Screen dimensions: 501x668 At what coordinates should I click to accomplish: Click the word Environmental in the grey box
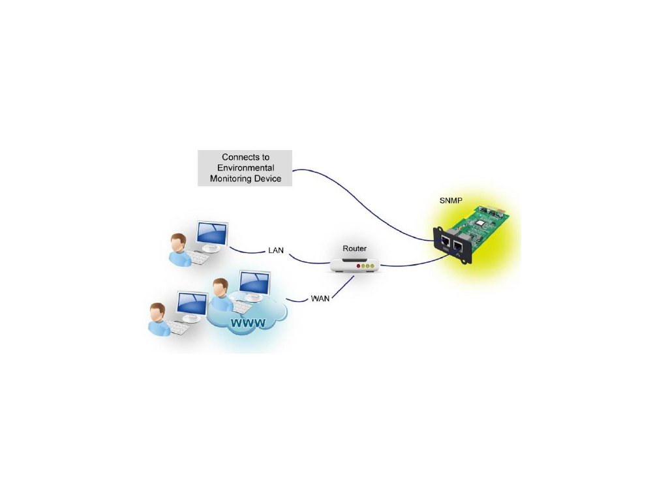tap(245, 168)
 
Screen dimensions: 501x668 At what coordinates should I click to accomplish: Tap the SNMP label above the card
tap(451, 200)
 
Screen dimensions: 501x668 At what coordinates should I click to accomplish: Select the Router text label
tap(355, 249)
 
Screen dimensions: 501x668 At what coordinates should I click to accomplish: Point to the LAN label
tap(276, 250)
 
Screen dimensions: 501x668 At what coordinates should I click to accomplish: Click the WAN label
tap(320, 298)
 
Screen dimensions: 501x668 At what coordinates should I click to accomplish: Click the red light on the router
tap(358, 266)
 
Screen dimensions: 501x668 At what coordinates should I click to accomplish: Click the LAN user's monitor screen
tap(213, 233)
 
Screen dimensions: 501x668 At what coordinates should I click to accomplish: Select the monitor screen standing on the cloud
tap(254, 282)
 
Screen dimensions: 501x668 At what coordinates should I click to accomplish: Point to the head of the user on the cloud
tap(220, 286)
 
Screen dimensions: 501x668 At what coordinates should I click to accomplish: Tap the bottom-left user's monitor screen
tap(192, 303)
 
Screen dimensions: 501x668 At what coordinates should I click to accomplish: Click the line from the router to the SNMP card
tap(411, 262)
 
